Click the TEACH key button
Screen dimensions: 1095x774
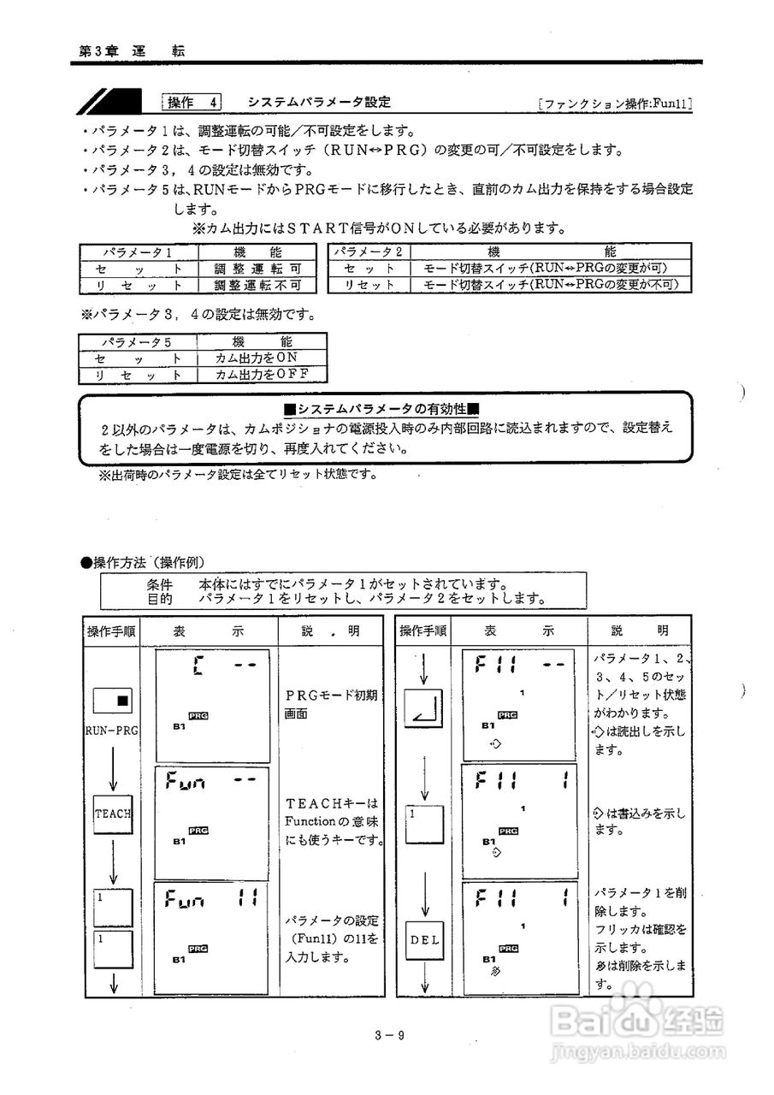click(x=112, y=813)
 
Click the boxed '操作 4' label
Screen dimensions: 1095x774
click(x=192, y=103)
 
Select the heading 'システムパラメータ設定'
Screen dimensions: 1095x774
click(x=319, y=103)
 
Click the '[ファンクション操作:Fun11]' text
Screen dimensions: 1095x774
click(x=615, y=104)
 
